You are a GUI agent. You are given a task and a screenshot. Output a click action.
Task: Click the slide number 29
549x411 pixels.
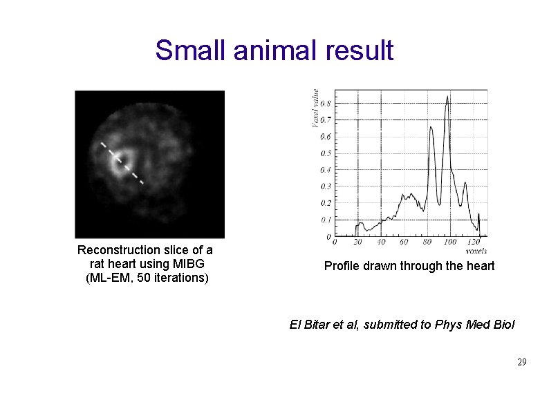[522, 363]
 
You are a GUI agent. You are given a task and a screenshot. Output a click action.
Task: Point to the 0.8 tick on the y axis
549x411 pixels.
[325, 104]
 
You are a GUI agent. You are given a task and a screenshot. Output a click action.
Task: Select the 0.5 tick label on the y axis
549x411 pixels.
[325, 153]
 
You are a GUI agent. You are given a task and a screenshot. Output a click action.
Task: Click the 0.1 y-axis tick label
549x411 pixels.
[325, 220]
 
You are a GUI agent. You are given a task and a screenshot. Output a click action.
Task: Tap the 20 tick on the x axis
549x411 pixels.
[357, 242]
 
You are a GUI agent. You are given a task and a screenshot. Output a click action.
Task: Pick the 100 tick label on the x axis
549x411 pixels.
[449, 242]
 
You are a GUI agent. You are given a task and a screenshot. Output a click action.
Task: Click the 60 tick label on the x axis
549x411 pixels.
[404, 242]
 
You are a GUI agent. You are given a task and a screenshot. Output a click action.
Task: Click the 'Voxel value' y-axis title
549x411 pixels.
[316, 108]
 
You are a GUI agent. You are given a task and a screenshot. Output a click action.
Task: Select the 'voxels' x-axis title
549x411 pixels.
[476, 250]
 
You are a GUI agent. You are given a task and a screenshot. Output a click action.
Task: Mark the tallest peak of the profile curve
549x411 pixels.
[447, 96]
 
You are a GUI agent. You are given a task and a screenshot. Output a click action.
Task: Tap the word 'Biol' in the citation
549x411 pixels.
[503, 325]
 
